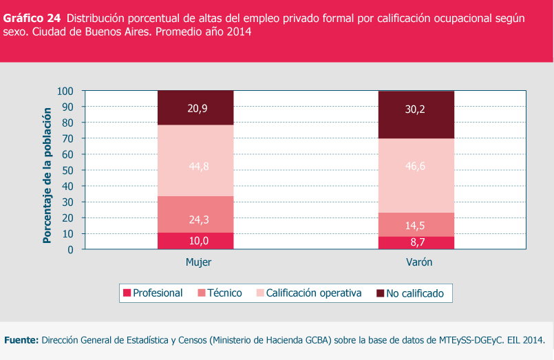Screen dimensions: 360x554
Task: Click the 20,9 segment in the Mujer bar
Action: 196,107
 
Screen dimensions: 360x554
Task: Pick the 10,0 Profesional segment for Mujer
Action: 196,240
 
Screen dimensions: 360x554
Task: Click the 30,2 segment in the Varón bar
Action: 416,114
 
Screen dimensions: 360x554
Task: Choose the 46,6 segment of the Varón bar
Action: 416,176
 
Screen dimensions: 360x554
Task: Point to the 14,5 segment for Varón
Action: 416,224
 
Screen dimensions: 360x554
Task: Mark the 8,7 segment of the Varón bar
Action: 416,242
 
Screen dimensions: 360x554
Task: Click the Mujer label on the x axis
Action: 198,263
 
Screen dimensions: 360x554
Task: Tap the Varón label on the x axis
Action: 419,263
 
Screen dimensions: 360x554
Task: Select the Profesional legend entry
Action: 153,293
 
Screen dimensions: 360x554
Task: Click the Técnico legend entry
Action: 220,293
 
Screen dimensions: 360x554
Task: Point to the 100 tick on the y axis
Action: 65,91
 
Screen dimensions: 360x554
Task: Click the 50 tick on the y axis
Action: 68,170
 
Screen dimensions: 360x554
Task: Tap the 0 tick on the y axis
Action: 71,250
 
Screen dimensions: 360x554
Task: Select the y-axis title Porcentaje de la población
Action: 47,176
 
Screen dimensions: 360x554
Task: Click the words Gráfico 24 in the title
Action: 32,18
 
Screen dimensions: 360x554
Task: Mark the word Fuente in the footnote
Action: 21,340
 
